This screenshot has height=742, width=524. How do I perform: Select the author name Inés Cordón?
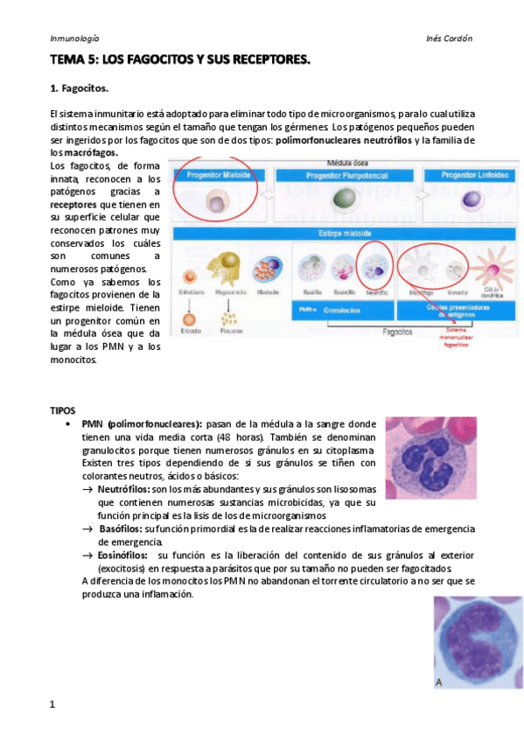pyautogui.click(x=449, y=38)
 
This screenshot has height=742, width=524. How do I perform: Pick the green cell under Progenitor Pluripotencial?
pyautogui.click(x=342, y=203)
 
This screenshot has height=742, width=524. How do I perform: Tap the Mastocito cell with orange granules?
pyautogui.click(x=269, y=269)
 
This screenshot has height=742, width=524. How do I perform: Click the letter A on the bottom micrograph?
pyautogui.click(x=440, y=682)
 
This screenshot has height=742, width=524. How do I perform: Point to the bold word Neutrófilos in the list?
pyautogui.click(x=122, y=489)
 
